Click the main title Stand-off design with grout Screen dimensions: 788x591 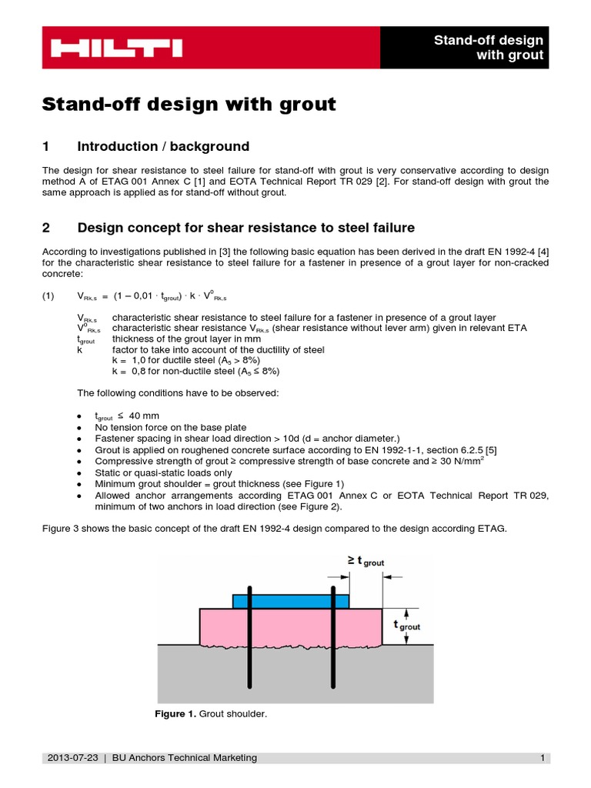[x=189, y=104]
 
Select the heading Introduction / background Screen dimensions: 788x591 [x=163, y=146]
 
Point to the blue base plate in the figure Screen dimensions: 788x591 [x=290, y=600]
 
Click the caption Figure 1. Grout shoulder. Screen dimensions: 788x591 [x=210, y=715]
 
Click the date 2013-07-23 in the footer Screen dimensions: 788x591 [x=73, y=758]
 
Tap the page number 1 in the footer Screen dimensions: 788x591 [x=542, y=758]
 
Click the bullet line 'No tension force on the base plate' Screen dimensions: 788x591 [x=166, y=427]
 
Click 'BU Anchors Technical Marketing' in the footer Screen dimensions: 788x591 [x=185, y=758]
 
